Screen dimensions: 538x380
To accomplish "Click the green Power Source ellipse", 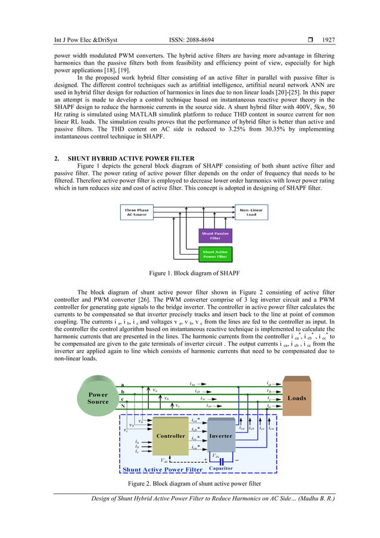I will (98, 398).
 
